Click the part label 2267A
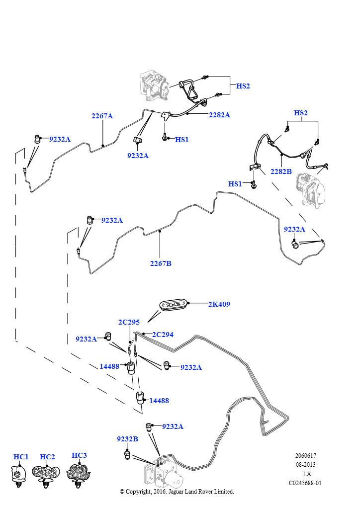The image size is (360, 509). [102, 116]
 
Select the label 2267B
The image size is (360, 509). [161, 263]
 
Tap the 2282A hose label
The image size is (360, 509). [219, 115]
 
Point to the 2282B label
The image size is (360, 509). [281, 171]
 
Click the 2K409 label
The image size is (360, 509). [219, 304]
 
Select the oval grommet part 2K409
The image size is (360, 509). [175, 305]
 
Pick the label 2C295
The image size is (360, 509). [129, 322]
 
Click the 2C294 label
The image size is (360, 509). [163, 335]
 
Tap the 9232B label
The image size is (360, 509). [128, 439]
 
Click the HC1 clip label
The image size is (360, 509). [21, 457]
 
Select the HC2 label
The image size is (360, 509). [47, 457]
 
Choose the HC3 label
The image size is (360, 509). [79, 455]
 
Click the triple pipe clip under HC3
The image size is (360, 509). [79, 475]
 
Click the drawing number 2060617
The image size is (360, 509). [305, 456]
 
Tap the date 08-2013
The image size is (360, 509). [305, 465]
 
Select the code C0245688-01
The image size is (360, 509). [305, 483]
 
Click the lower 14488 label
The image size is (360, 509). [159, 401]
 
